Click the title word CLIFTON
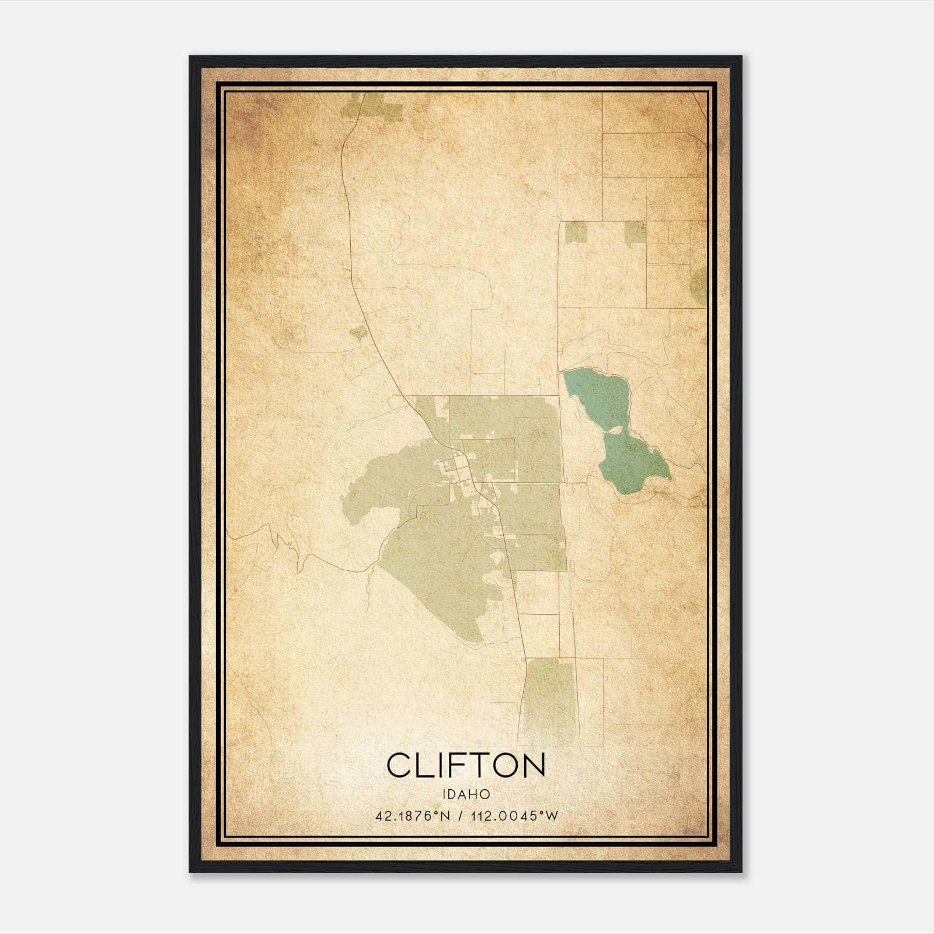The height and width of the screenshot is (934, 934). click(466, 765)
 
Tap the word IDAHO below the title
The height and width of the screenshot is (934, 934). click(466, 794)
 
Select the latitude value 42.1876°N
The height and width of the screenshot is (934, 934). click(413, 816)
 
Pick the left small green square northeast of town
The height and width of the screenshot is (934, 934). click(576, 232)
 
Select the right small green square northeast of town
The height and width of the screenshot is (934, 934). click(635, 232)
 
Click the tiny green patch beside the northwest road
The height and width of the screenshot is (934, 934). click(357, 333)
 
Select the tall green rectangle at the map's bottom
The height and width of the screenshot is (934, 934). click(550, 700)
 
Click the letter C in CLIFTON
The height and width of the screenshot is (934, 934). click(400, 765)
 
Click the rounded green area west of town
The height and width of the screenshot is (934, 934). click(385, 485)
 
